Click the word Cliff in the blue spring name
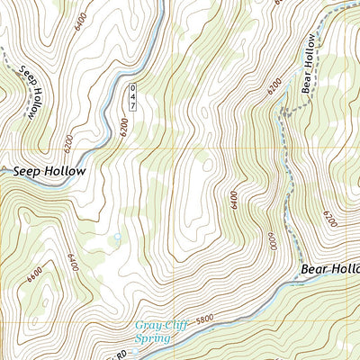(x=175, y=326)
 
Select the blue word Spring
(x=151, y=338)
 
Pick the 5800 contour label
(x=208, y=317)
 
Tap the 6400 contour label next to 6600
(x=73, y=262)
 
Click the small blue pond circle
(x=116, y=237)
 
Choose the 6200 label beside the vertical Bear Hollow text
(x=275, y=86)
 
